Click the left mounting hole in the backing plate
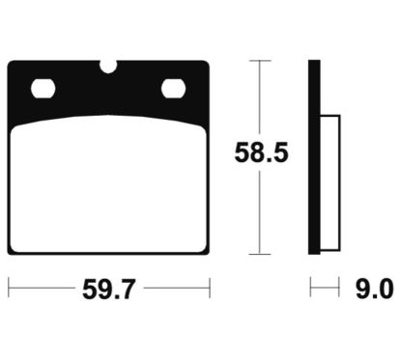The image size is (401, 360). (43, 90)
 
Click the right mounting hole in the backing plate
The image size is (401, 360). (175, 90)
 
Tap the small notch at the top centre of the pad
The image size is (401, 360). (109, 67)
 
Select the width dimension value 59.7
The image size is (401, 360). (107, 288)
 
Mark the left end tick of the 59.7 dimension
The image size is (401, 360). (9, 288)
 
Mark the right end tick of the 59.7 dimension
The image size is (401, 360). (210, 288)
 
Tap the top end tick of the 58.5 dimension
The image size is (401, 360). (256, 61)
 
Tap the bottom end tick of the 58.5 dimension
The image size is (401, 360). (256, 255)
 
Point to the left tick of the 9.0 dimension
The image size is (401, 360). (309, 288)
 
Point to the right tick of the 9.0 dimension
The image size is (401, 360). (339, 288)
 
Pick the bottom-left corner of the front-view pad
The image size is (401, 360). (11, 253)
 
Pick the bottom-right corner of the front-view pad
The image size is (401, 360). (207, 253)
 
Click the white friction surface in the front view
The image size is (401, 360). (108, 188)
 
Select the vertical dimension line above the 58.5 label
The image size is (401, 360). (256, 97)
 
